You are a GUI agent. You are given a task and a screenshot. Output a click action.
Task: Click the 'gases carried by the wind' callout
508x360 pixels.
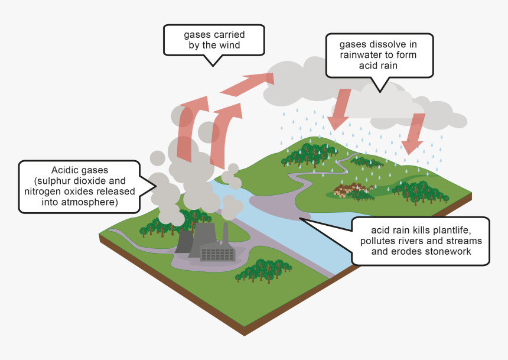pos(213,40)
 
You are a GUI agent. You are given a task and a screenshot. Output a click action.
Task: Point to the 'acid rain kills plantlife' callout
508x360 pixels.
pos(420,241)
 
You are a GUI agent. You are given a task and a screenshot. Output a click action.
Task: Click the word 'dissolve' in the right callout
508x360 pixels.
pos(395,44)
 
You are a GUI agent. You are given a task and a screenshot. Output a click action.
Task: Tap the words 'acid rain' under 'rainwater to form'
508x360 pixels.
pos(379,66)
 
